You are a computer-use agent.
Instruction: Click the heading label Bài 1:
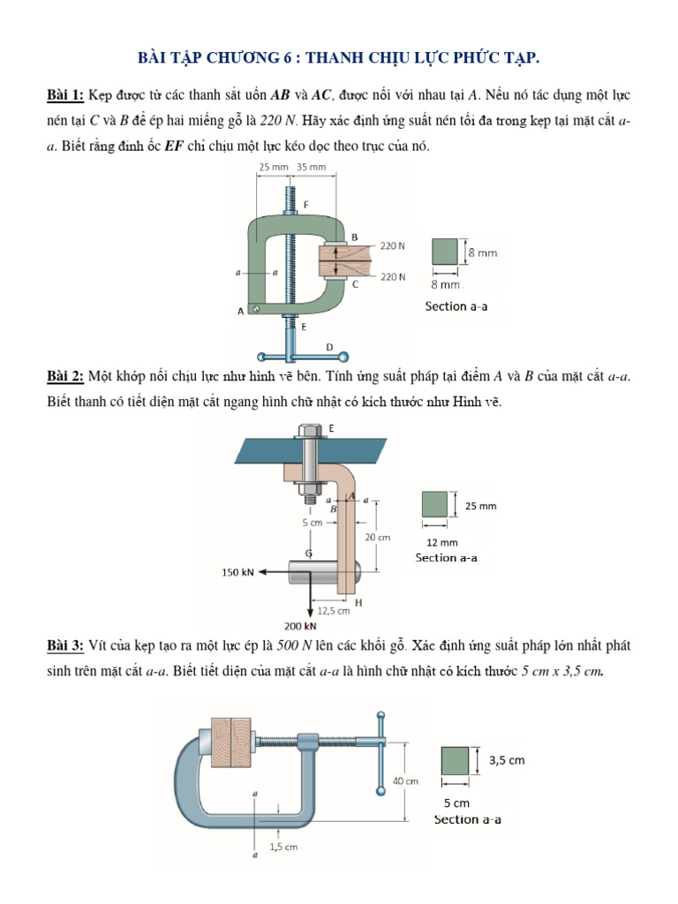(64, 94)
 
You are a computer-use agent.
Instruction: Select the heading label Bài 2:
(64, 377)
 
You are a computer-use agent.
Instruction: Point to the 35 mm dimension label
(311, 167)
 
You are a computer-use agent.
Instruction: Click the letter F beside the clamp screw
(306, 205)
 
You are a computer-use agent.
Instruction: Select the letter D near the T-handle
(329, 347)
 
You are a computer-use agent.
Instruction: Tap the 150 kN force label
(237, 572)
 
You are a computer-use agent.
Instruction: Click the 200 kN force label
(299, 628)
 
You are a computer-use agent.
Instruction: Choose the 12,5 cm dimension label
(334, 609)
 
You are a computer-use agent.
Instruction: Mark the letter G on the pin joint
(308, 554)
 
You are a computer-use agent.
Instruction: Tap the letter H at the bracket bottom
(359, 603)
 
